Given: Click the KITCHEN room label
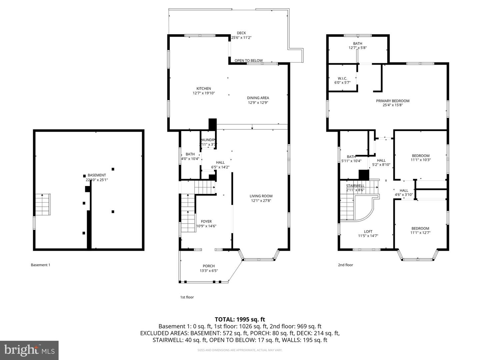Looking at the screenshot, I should [203, 88].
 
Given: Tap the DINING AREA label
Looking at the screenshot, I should [258, 98].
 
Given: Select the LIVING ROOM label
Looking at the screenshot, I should [261, 196].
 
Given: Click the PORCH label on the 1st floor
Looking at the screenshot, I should [209, 266].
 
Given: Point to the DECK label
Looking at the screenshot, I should [241, 33].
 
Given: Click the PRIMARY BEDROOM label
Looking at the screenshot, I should [392, 101].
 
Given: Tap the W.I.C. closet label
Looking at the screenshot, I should [342, 78].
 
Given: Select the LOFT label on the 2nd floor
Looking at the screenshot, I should [368, 231].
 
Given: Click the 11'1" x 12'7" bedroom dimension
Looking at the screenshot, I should [420, 233].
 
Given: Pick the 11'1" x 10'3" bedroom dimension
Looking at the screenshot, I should [420, 160].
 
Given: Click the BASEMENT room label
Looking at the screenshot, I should [97, 175].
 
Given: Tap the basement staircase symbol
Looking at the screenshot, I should [43, 204].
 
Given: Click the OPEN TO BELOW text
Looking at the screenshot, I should [248, 61].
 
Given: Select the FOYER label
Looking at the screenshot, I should [206, 221].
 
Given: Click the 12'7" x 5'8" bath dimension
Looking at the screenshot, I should [357, 48].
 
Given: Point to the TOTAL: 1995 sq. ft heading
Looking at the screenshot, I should [240, 319].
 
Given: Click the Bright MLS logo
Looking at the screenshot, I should [29, 350].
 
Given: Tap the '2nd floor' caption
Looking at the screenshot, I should [345, 265].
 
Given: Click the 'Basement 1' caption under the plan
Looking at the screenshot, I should [40, 265].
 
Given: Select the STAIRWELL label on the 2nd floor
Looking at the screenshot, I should [355, 186].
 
